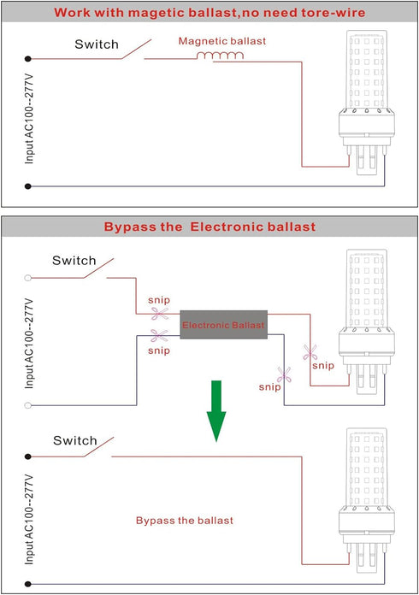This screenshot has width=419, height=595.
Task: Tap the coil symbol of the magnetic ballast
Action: pyautogui.click(x=220, y=56)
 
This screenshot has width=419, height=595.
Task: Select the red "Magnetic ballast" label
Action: pyautogui.click(x=222, y=41)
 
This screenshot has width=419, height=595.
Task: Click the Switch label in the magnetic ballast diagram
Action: pyautogui.click(x=97, y=44)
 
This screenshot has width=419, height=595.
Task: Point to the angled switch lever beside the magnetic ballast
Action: pyautogui.click(x=136, y=49)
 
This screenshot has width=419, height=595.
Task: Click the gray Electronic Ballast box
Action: pyautogui.click(x=223, y=325)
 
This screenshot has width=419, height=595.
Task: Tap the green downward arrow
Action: pyautogui.click(x=216, y=411)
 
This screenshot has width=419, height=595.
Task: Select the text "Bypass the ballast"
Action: pyautogui.click(x=185, y=521)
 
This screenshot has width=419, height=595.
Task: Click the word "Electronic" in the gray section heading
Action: pyautogui.click(x=227, y=227)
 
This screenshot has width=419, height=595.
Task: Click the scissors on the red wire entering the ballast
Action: pyautogui.click(x=160, y=314)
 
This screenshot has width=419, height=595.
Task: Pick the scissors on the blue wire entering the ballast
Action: pyautogui.click(x=159, y=335)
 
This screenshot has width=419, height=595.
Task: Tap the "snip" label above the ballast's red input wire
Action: pyautogui.click(x=159, y=300)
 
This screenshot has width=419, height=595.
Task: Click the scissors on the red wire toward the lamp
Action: pyautogui.click(x=310, y=352)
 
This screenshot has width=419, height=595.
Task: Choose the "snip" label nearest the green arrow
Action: pyautogui.click(x=270, y=387)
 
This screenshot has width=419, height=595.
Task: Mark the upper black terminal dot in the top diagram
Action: pyautogui.click(x=27, y=59)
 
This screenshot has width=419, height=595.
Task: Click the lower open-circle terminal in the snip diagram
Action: pyautogui.click(x=27, y=405)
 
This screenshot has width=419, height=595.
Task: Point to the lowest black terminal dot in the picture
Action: pyautogui.click(x=27, y=584)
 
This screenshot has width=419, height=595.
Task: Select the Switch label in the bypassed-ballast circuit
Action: pyautogui.click(x=75, y=440)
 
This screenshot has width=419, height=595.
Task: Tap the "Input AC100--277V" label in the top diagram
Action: pyautogui.click(x=29, y=119)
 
